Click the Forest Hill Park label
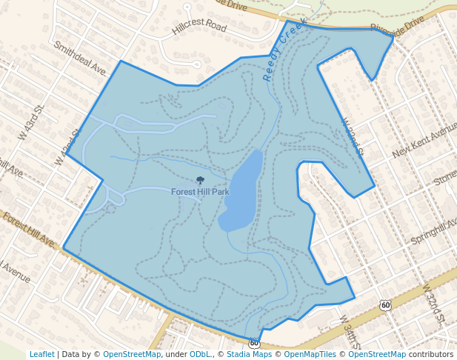pyautogui.click(x=200, y=192)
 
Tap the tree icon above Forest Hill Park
pyautogui.click(x=200, y=180)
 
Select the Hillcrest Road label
pyautogui.click(x=199, y=27)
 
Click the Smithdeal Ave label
pyautogui.click(x=80, y=57)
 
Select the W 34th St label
pyautogui.click(x=347, y=333)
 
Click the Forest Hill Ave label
pyautogui.click(x=28, y=230)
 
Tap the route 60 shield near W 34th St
pyautogui.click(x=384, y=305)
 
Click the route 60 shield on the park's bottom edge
pyautogui.click(x=255, y=343)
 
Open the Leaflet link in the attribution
pyautogui.click(x=42, y=354)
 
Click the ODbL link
pyautogui.click(x=199, y=354)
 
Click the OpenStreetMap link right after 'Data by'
pyautogui.click(x=131, y=354)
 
